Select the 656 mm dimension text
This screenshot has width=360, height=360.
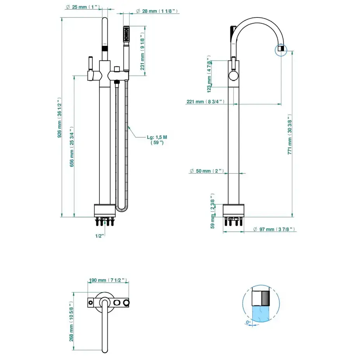[x=72, y=147]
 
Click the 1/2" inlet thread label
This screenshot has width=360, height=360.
[x=100, y=235]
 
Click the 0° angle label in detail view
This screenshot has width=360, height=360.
[x=248, y=322]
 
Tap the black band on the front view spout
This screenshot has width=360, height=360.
[x=104, y=48]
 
